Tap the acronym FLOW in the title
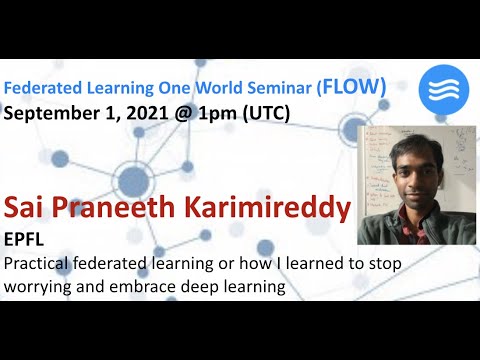tap(354, 87)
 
